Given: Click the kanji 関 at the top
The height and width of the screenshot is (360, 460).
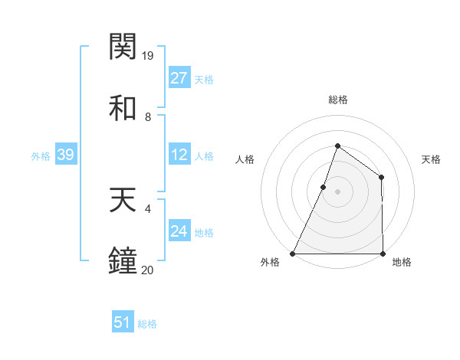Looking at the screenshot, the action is pyautogui.click(x=123, y=47).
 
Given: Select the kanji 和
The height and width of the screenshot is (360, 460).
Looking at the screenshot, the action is pyautogui.click(x=123, y=108).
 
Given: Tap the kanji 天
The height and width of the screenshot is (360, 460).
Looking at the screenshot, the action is pyautogui.click(x=123, y=201).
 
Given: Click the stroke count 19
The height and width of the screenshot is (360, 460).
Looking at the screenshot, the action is pyautogui.click(x=149, y=56).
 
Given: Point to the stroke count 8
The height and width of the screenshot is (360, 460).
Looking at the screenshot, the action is pyautogui.click(x=148, y=117).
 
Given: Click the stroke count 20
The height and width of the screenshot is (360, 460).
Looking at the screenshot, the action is pyautogui.click(x=149, y=270).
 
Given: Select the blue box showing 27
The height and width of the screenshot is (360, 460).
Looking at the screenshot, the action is pyautogui.click(x=179, y=78).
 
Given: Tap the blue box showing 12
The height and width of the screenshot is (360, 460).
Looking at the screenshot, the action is pyautogui.click(x=179, y=155).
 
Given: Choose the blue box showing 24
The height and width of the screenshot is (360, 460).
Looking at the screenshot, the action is pyautogui.click(x=179, y=231).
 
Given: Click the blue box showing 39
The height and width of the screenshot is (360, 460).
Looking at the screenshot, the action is pyautogui.click(x=65, y=155).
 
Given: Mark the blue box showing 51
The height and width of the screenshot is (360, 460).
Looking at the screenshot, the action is pyautogui.click(x=122, y=322).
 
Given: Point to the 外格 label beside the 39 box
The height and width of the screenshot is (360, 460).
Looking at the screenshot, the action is pyautogui.click(x=41, y=156).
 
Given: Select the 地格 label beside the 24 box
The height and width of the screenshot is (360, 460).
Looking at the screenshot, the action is pyautogui.click(x=204, y=233).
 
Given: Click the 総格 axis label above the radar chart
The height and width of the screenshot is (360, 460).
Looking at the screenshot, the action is pyautogui.click(x=337, y=100).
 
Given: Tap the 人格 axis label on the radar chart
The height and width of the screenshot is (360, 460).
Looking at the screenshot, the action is pyautogui.click(x=245, y=159).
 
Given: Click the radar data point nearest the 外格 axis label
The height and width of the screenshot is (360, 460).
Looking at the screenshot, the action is pyautogui.click(x=293, y=254).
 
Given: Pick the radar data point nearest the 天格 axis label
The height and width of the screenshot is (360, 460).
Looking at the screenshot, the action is pyautogui.click(x=381, y=178).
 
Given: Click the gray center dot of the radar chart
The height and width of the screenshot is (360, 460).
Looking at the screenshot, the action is pyautogui.click(x=337, y=191).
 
